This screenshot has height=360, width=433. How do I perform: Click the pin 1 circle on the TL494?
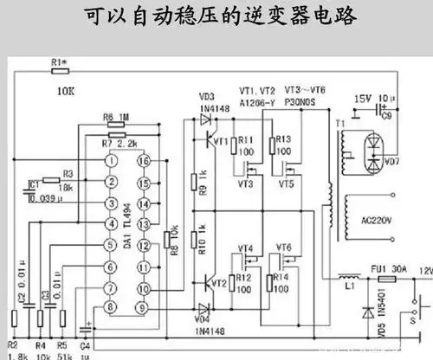click(112, 161)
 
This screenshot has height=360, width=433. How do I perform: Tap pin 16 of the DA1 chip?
click(146, 161)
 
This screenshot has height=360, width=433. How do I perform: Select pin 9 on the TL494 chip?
click(146, 307)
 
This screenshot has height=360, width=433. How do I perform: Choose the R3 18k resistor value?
click(66, 186)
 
